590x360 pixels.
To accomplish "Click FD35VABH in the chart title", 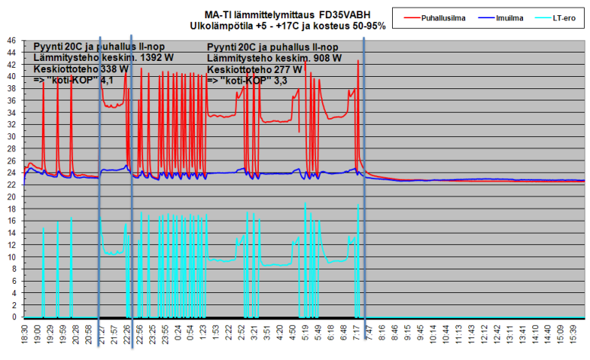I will pos(340,14).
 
